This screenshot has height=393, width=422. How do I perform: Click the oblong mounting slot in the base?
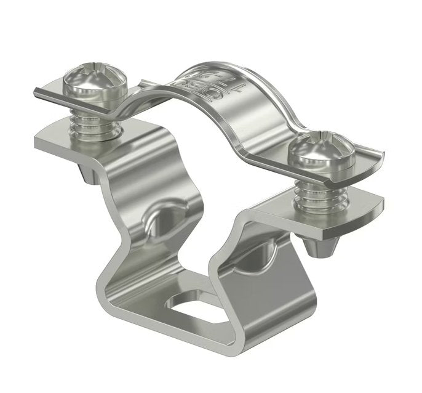[x=197, y=306]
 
